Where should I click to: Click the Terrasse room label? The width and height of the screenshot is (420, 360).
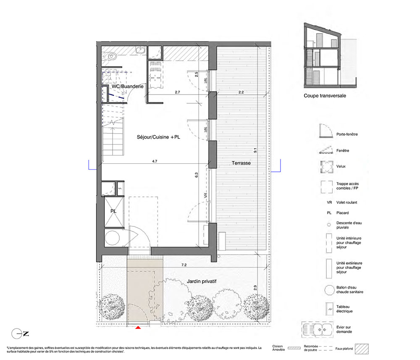tap(241, 163)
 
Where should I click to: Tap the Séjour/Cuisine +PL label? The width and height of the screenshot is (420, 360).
tap(158, 137)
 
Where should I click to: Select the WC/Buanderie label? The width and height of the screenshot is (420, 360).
tap(128, 86)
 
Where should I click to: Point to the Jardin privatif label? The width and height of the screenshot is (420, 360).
tap(202, 281)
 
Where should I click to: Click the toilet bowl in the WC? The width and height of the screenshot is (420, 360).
tap(111, 56)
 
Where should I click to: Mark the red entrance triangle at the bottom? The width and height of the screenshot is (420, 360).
tap(138, 327)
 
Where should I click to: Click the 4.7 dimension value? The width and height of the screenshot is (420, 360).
tap(155, 161)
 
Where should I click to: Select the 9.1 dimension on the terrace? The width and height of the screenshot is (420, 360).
tap(255, 150)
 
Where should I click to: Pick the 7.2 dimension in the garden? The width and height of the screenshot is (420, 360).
tap(184, 265)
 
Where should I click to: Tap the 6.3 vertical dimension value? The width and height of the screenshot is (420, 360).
tap(196, 175)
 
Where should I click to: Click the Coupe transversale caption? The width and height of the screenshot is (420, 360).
tap(325, 96)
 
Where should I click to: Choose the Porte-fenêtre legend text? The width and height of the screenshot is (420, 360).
tap(347, 134)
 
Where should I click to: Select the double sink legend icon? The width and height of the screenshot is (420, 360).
tap(318, 329)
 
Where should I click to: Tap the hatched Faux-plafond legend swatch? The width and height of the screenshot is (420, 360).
tap(362, 349)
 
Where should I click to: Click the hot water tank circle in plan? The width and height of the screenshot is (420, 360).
tap(112, 238)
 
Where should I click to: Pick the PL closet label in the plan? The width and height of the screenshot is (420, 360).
tap(113, 211)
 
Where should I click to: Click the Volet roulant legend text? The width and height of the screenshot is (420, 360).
tap(346, 202)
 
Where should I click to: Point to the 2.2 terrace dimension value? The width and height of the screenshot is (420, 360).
tap(241, 92)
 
